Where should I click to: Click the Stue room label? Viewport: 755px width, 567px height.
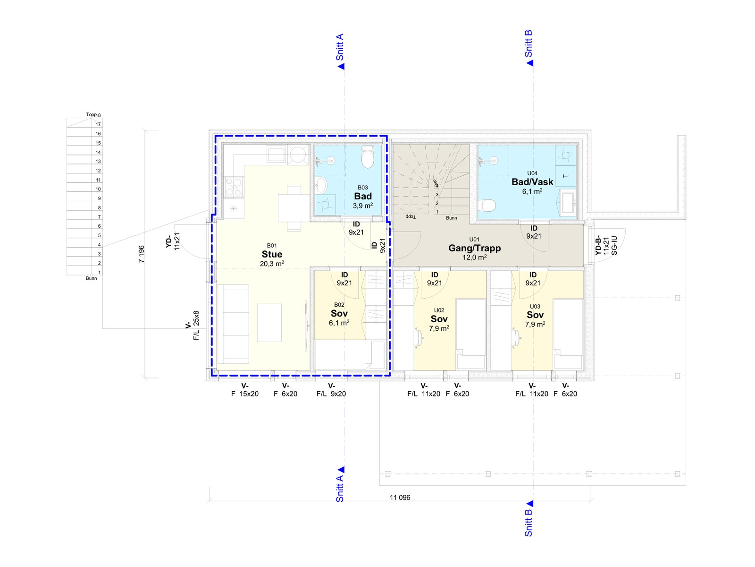pos(272,254)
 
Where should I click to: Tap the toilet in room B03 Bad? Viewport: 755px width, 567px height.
pos(367,157)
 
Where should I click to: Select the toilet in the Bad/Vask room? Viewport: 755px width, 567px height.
pos(487,205)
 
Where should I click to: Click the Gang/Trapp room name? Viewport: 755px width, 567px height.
pos(474,248)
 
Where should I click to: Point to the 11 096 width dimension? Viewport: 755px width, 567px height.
pos(400,498)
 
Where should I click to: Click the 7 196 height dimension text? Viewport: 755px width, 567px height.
pos(142,254)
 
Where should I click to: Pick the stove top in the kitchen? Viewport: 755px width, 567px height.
pos(234,187)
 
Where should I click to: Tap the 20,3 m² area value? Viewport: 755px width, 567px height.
pos(272,264)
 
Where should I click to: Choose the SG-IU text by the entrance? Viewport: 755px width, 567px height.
pos(614,245)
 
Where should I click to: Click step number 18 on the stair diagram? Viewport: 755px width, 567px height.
pos(98,115)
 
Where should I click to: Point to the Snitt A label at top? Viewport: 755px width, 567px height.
pos(340,47)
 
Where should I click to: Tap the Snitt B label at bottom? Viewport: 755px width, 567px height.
pos(528,523)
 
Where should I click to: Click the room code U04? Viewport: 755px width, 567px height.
pos(532,173)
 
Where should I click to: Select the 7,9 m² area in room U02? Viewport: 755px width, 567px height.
pos(439,328)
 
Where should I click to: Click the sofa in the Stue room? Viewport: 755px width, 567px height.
pos(234,324)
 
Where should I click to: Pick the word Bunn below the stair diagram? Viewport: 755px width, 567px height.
pos(91,278)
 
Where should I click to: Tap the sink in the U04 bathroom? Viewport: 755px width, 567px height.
pos(568,202)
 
